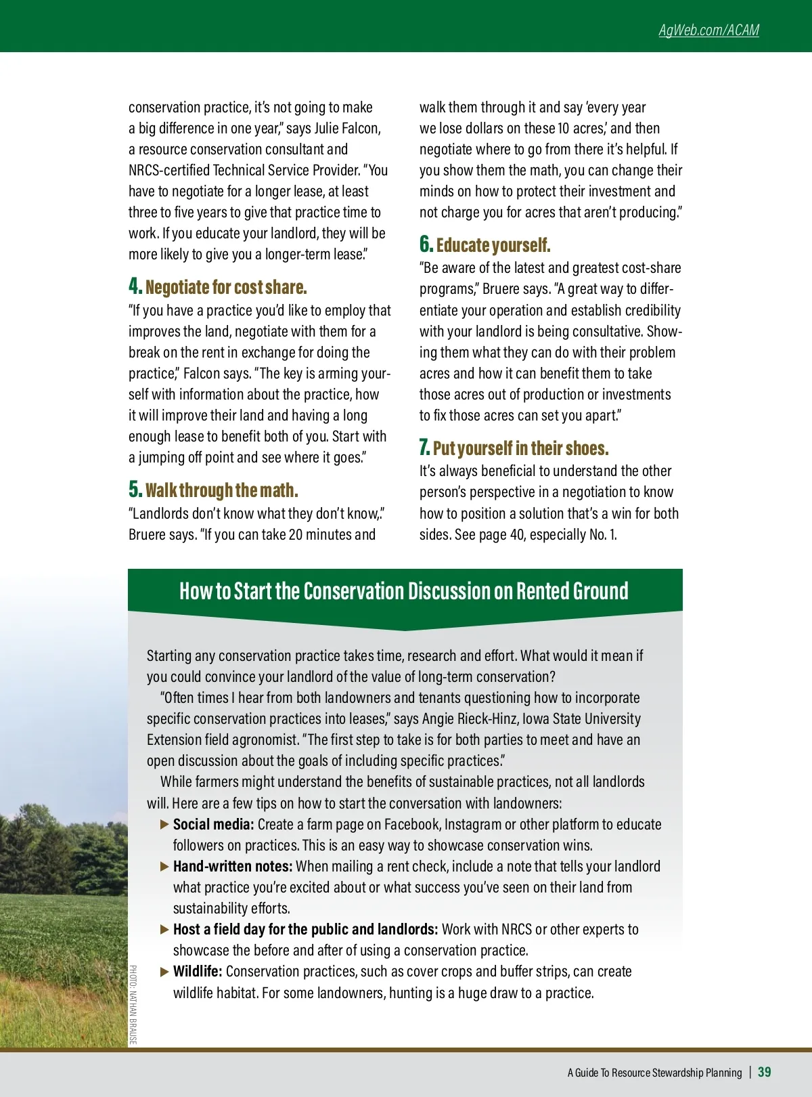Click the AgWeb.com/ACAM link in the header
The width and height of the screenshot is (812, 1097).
[x=708, y=30]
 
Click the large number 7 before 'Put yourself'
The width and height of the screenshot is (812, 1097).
[x=424, y=448]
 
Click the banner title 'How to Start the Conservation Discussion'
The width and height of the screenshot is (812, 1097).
[x=404, y=591]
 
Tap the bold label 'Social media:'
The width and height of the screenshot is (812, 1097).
[x=213, y=825]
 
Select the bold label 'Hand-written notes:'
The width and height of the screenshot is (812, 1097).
[x=233, y=867]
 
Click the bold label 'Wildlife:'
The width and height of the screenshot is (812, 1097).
[x=198, y=972]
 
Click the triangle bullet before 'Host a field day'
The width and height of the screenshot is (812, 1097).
[x=164, y=930]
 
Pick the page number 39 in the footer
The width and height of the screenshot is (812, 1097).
[x=764, y=1072]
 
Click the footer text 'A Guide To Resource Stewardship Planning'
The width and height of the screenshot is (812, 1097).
[x=654, y=1073]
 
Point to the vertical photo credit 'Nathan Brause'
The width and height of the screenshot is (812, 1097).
[x=133, y=1005]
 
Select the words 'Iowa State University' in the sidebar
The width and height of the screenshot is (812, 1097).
[x=581, y=719]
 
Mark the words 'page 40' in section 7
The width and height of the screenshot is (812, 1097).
[x=501, y=535]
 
